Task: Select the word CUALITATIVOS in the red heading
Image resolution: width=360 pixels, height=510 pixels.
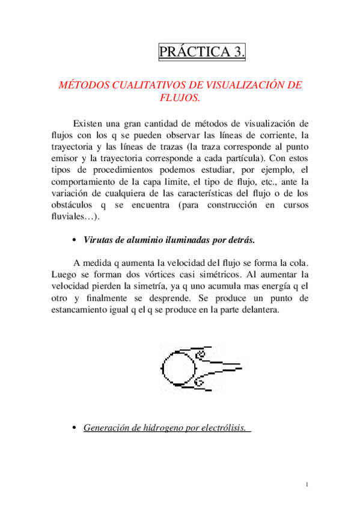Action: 152,85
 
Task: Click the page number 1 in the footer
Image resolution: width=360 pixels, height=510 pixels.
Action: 307,485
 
